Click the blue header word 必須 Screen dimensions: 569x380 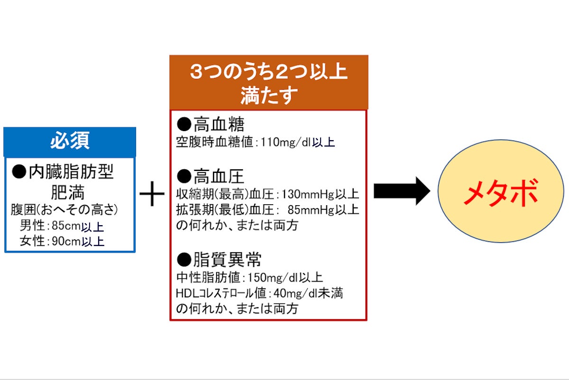tap(70, 140)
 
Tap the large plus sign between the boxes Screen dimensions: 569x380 tap(152, 194)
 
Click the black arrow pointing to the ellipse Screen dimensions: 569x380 tap(402, 191)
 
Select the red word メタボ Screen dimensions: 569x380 tap(500, 192)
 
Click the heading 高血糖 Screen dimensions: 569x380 tap(219, 124)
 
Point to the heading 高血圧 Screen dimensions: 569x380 tap(219, 176)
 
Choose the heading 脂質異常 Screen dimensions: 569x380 tap(227, 260)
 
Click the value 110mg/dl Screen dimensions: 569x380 tap(286, 142)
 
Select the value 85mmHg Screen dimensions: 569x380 tap(311, 210)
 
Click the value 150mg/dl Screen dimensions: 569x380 tap(272, 277)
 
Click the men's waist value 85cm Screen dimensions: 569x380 tap(66, 226)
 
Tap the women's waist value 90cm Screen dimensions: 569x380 tap(66, 241)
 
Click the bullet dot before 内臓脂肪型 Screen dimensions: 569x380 tap(19, 171)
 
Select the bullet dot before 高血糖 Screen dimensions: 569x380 tap(184, 124)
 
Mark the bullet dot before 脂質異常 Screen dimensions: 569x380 tap(184, 260)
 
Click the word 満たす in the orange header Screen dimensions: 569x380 tap(269, 95)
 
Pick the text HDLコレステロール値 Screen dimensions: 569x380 tap(221, 294)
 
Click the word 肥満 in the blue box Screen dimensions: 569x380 tap(67, 193)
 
